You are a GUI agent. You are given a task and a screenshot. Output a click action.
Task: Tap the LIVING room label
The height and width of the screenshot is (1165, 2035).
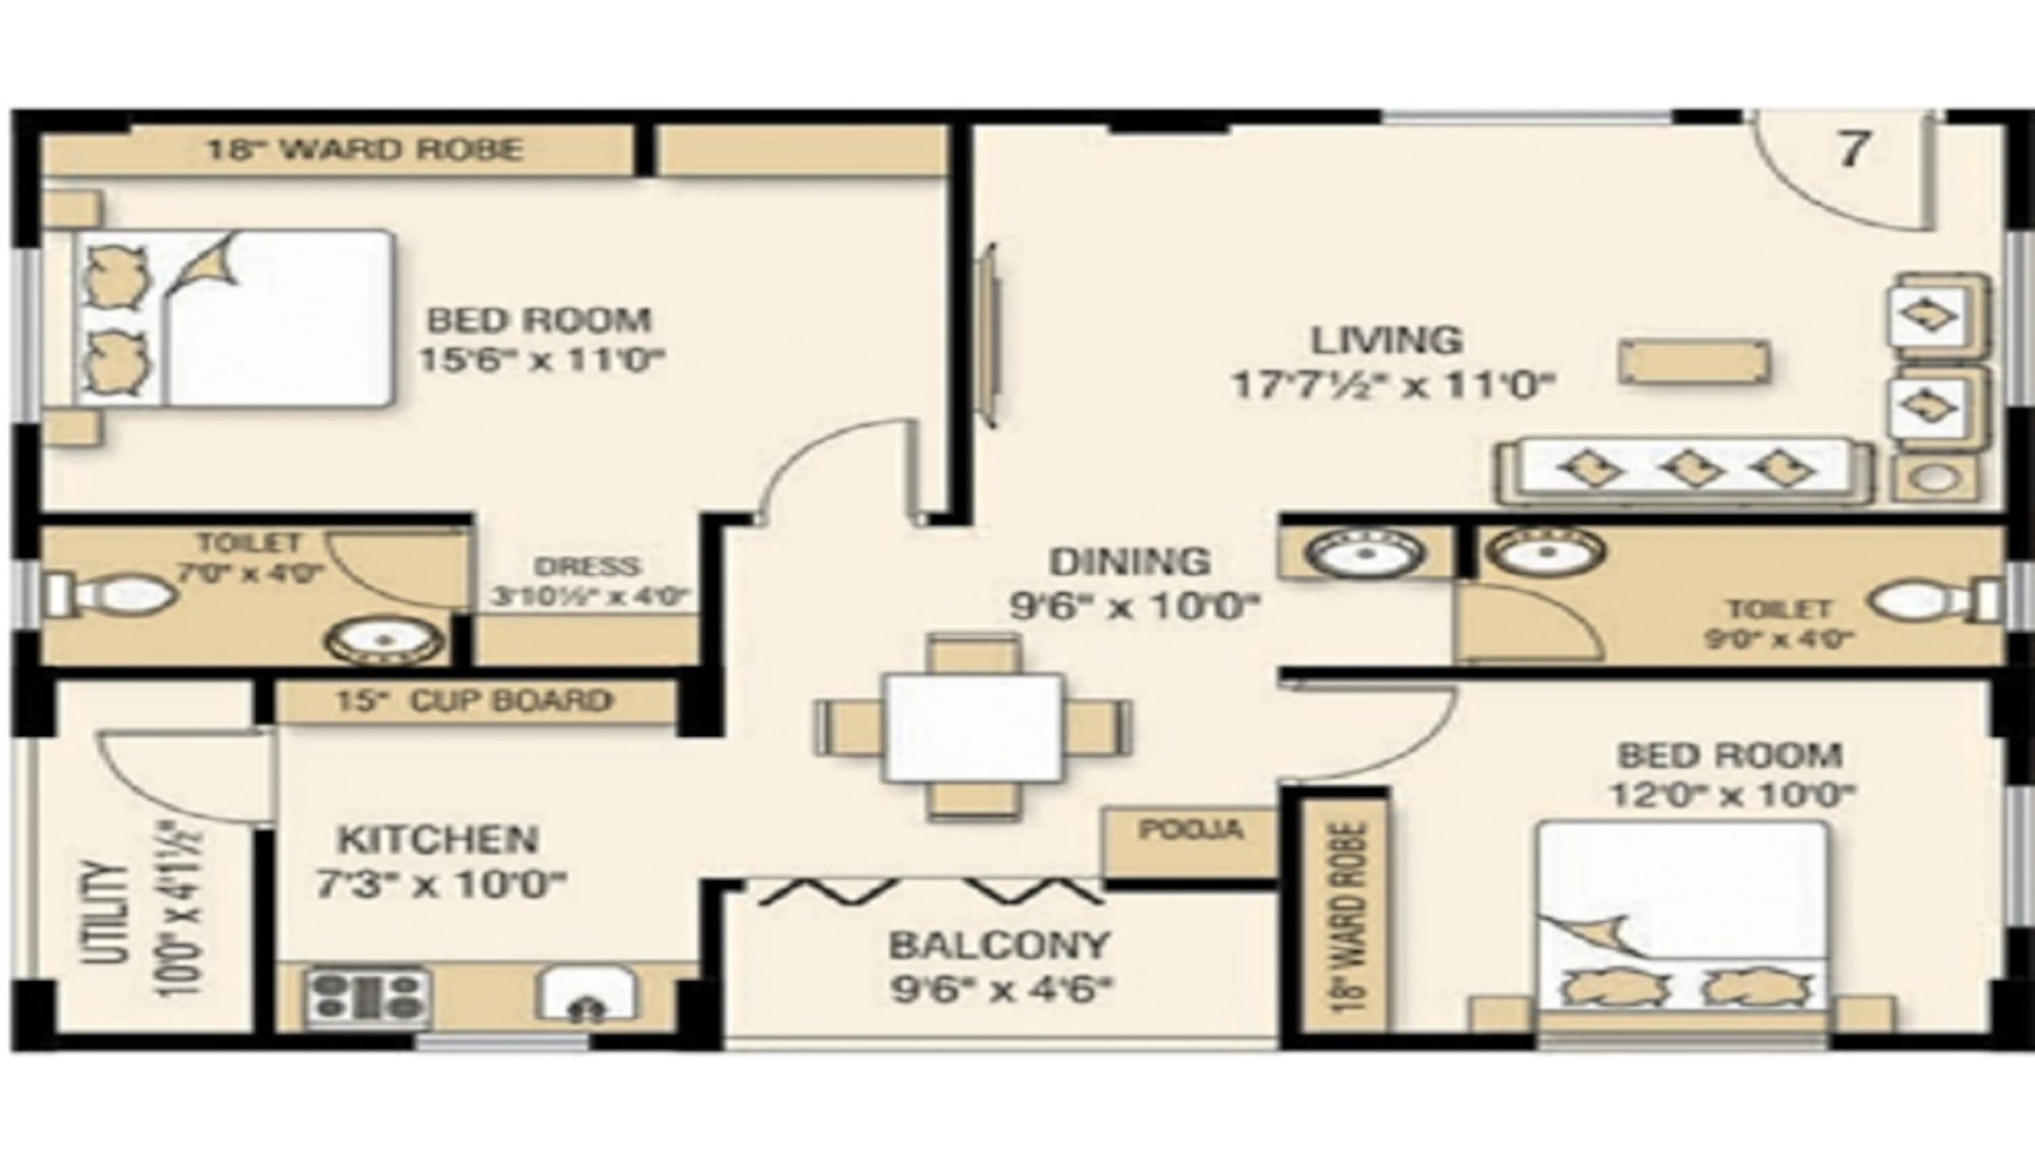coord(1386,340)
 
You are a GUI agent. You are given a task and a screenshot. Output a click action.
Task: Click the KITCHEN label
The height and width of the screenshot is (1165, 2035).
coord(438,840)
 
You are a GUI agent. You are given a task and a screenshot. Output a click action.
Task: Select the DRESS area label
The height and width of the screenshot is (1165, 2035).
coord(587,566)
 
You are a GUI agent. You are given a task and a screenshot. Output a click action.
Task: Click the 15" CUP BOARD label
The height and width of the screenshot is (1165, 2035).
coord(473,701)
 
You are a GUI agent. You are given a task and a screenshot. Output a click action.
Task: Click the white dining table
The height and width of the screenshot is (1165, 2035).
coord(974,726)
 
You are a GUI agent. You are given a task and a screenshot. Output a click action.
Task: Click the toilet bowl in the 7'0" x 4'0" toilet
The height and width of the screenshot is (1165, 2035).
coord(112,595)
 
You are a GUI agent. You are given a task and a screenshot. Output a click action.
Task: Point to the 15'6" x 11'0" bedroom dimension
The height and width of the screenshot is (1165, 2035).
coord(542,359)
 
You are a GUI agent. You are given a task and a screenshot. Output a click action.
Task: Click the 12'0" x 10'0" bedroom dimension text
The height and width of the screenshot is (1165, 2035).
coord(1731,795)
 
